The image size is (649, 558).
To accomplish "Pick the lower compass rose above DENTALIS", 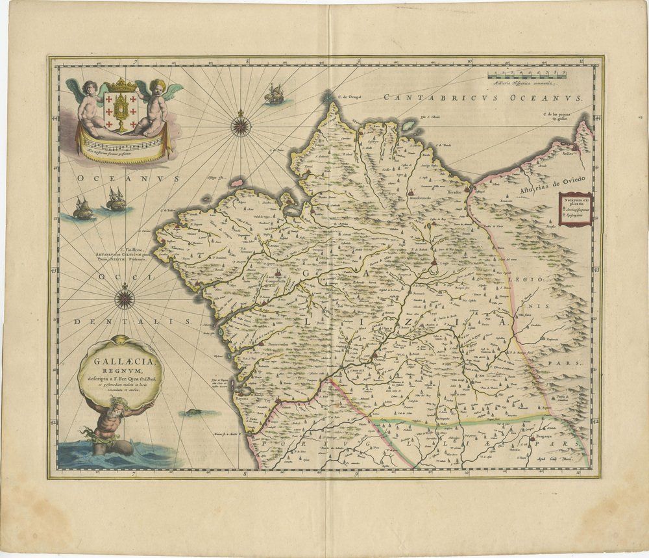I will point(125,298).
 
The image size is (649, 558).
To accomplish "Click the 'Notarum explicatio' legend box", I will point(574,207).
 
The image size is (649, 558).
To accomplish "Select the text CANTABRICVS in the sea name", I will point(424,97).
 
